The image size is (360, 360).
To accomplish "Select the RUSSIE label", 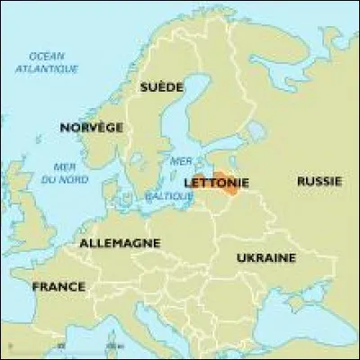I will click(x=319, y=181).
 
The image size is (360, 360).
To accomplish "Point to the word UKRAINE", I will click(x=265, y=257).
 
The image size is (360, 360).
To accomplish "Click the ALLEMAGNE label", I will click(x=120, y=243).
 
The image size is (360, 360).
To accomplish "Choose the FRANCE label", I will click(x=58, y=286).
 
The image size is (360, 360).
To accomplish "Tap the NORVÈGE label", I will click(x=91, y=128).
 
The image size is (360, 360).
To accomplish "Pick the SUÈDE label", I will click(x=161, y=87).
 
